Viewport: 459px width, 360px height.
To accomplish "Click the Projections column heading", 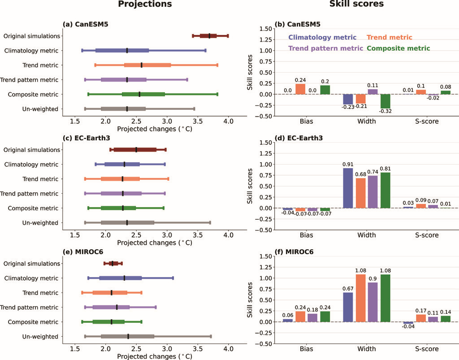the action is click(x=145, y=4).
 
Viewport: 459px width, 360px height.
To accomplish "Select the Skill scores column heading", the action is click(x=356, y=4).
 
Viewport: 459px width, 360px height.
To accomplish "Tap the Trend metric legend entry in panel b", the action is click(x=390, y=38).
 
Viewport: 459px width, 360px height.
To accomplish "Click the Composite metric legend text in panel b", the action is click(x=398, y=48).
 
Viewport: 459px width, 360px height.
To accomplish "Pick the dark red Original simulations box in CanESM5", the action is click(x=208, y=36).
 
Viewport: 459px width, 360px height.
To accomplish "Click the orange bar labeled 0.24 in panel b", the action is click(x=300, y=89).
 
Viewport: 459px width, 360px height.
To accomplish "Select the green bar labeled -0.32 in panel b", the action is click(x=385, y=101).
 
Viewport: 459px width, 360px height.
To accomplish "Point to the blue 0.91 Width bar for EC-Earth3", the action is click(x=348, y=188).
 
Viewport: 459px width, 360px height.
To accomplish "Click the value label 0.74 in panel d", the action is click(x=372, y=172).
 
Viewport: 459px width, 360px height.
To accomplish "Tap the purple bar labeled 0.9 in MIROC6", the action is click(x=372, y=302).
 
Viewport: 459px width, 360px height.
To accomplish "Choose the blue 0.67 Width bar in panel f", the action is click(x=348, y=307).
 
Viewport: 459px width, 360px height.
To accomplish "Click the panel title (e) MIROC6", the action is click(x=83, y=252).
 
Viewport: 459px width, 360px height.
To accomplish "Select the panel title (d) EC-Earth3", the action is click(x=299, y=138).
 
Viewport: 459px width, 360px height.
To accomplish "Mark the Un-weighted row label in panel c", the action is click(x=40, y=223).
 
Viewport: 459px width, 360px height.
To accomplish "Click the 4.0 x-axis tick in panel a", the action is click(x=228, y=121).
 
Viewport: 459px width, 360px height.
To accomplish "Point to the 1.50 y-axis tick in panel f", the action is click(x=265, y=256).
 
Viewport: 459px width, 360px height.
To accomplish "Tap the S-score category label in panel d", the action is click(x=427, y=235).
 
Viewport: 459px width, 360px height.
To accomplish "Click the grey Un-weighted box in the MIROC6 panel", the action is click(x=128, y=337).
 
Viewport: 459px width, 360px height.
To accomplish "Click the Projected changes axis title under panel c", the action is click(x=155, y=243).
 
